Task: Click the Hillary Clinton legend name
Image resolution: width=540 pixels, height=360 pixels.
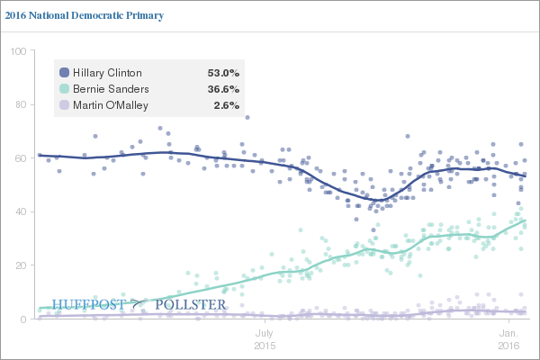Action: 108,73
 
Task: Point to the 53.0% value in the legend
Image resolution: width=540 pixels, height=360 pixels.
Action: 223,73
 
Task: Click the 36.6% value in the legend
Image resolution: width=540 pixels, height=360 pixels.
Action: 223,89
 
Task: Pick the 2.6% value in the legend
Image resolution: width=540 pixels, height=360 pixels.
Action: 226,105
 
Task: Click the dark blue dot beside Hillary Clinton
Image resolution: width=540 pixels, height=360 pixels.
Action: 64,73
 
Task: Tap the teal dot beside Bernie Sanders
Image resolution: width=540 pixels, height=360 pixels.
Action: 64,89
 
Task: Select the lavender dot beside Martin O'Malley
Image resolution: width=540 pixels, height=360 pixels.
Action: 64,105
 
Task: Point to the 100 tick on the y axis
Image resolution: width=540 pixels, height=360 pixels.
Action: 16,51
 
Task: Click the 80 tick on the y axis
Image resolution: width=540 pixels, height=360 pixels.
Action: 19,105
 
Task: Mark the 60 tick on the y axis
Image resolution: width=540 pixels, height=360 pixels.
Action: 19,158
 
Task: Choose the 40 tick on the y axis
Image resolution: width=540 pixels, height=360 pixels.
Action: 19,212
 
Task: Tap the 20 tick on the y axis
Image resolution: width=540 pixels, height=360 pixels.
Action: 19,265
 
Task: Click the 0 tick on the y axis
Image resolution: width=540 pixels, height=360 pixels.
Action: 22,319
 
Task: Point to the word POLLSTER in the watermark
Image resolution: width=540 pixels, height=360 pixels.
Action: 191,305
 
